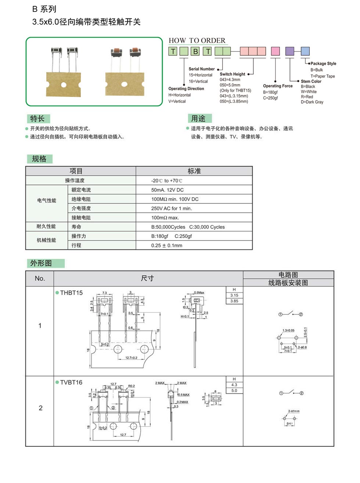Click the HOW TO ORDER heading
coord(197,40)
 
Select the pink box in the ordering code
coord(275,51)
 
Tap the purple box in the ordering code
coord(290,51)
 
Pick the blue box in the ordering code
coord(305,51)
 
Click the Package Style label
coord(323,64)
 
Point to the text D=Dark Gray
coord(312,102)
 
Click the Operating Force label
coord(278,86)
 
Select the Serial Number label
coord(202,69)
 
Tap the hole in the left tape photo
coord(64,85)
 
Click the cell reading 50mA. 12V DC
coord(168,190)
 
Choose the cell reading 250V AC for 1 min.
coord(172,208)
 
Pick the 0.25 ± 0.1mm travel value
coord(167,245)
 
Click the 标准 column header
coord(194,171)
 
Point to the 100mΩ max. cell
coord(165,218)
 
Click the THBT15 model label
coord(71,293)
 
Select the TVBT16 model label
coord(71,382)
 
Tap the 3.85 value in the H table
coord(234,301)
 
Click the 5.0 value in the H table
coord(234,391)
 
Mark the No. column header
coord(40,278)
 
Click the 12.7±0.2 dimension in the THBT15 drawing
coord(131,358)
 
